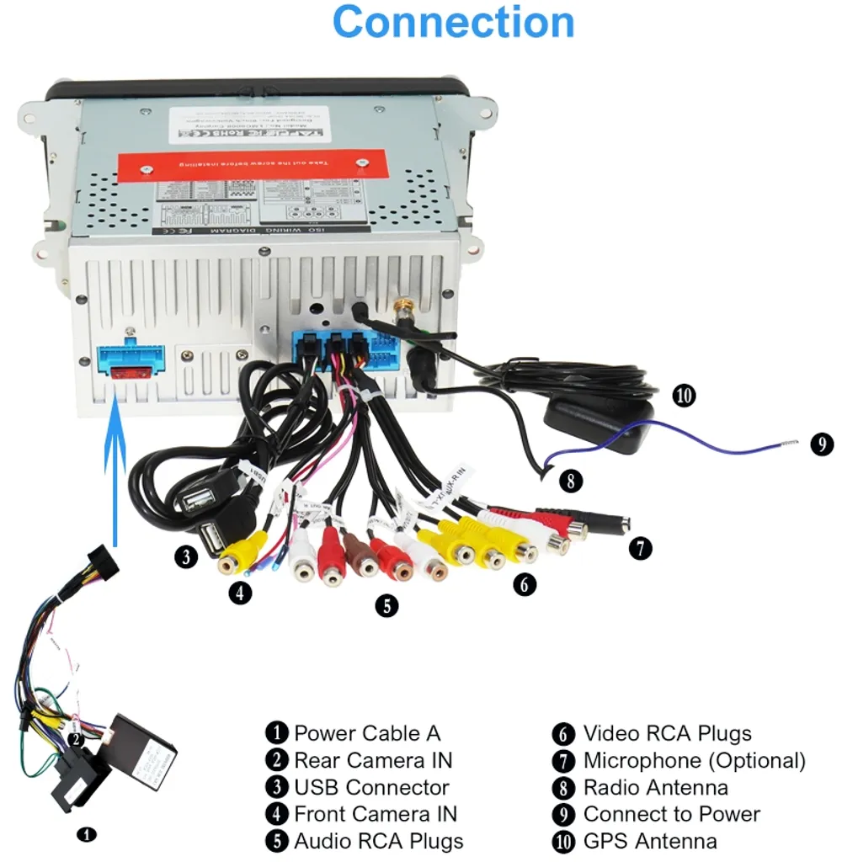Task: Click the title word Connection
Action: click(x=454, y=23)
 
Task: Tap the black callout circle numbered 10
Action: click(x=684, y=395)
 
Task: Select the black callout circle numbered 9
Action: click(x=822, y=444)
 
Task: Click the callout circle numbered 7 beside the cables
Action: click(x=640, y=548)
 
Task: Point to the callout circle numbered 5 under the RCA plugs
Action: click(x=386, y=604)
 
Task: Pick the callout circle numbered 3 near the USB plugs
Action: click(x=187, y=556)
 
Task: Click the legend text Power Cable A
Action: click(x=366, y=733)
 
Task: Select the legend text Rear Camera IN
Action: click(x=372, y=760)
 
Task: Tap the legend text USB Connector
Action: click(x=371, y=787)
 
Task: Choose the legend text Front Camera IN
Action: click(x=375, y=814)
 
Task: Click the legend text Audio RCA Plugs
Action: click(x=378, y=841)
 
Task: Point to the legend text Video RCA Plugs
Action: click(x=667, y=733)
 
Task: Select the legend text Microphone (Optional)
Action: click(x=694, y=760)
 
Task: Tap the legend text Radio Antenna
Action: click(x=655, y=787)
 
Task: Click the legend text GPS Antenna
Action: click(x=650, y=841)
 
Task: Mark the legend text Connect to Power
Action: click(x=671, y=814)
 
